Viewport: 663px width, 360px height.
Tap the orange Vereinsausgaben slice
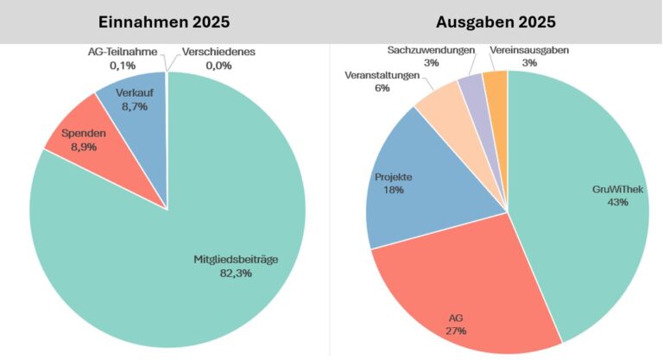pyautogui.click(x=496, y=82)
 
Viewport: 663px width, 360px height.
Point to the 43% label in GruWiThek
pyautogui.click(x=616, y=201)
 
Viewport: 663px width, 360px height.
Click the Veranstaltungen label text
pyautogui.click(x=382, y=76)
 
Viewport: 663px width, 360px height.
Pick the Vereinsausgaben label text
pyautogui.click(x=529, y=51)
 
